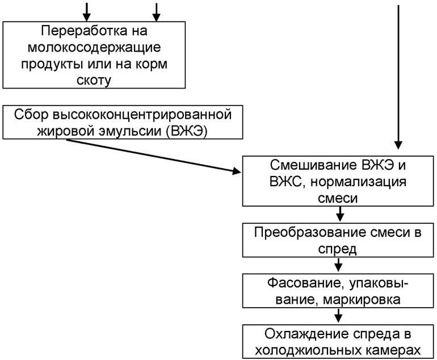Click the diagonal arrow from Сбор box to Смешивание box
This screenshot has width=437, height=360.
click(x=153, y=155)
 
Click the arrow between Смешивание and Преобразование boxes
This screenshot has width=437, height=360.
click(x=339, y=214)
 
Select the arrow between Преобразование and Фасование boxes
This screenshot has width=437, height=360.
click(x=339, y=264)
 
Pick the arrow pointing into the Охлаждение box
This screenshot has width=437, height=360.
click(x=339, y=315)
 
